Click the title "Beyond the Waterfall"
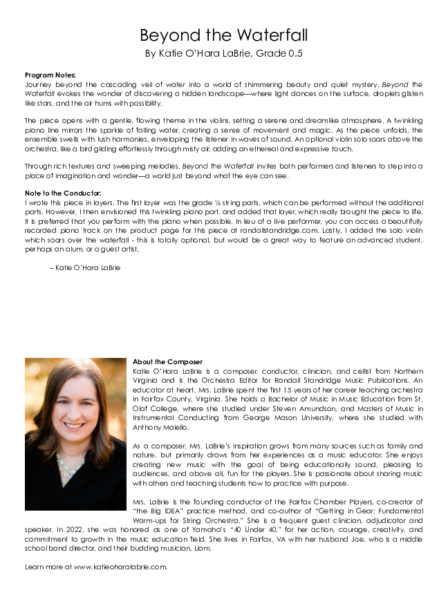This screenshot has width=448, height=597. (x=223, y=35)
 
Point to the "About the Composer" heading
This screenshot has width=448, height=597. (x=167, y=361)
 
